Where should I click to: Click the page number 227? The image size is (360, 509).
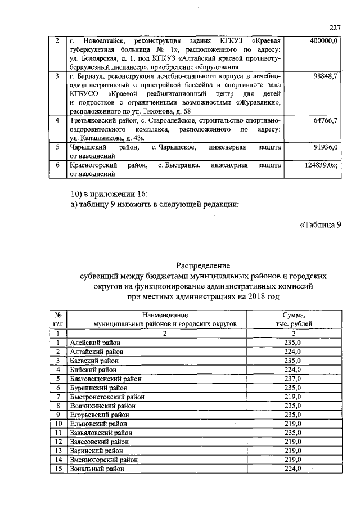click(x=335, y=28)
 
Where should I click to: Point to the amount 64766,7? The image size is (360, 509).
click(x=326, y=121)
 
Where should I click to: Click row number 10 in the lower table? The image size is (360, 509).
click(x=57, y=424)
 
